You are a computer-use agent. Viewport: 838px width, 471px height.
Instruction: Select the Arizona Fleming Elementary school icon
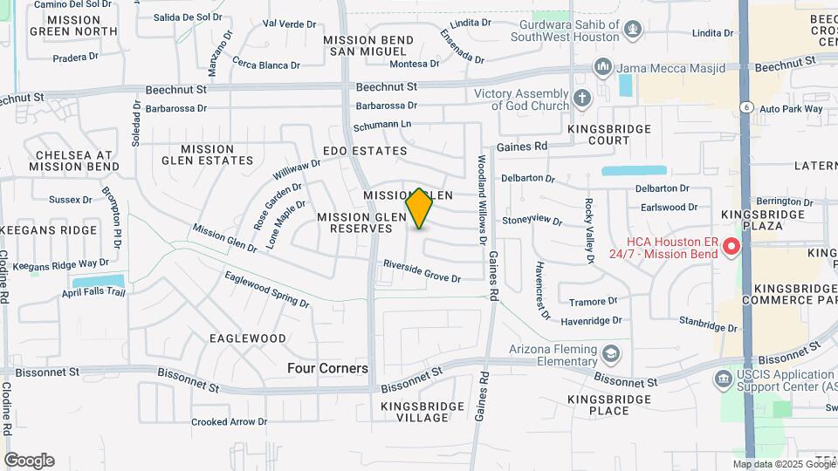611,353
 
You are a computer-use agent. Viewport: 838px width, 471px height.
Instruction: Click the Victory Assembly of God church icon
582,98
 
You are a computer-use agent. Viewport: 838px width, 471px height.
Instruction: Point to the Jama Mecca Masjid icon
602,66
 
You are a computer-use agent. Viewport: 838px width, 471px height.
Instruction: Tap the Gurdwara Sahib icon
633,32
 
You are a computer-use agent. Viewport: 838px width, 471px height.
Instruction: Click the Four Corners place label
327,369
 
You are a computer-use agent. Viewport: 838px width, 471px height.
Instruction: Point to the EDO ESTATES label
365,151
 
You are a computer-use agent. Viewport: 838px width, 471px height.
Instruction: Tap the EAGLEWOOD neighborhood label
248,338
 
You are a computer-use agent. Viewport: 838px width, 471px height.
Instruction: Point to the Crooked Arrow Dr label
230,422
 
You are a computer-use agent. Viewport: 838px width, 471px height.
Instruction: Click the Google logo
29,461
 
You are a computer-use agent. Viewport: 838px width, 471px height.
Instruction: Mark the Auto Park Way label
791,109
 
